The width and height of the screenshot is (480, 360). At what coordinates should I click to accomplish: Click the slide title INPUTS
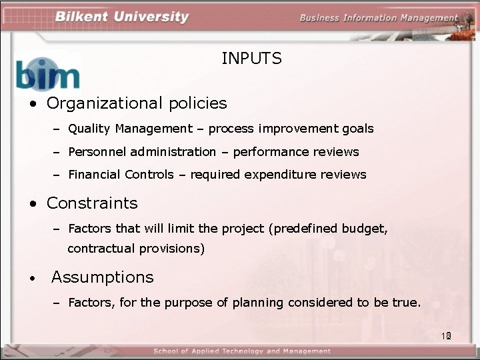[x=251, y=59]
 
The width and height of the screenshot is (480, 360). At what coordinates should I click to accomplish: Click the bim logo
[x=47, y=73]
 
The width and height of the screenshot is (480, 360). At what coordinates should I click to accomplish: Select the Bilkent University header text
[x=121, y=17]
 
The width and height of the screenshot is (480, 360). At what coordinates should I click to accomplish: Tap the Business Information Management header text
[x=378, y=18]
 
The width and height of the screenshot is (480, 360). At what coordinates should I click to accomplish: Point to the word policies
[x=197, y=103]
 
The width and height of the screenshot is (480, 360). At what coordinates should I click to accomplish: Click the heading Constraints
[x=92, y=203]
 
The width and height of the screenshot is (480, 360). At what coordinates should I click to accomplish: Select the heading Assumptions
[x=102, y=277]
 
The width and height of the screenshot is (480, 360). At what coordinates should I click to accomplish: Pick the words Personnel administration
[x=142, y=152]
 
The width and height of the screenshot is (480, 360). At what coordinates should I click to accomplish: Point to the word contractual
[x=101, y=249]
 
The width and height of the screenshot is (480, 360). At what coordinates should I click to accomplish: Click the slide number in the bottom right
[x=446, y=336]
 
